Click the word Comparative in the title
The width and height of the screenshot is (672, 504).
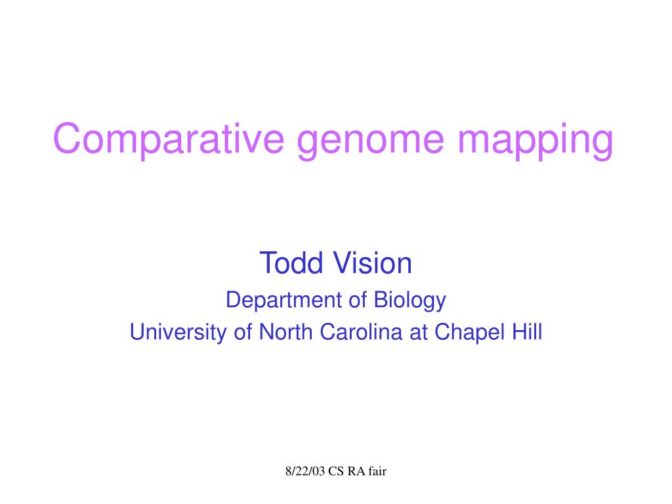pyautogui.click(x=169, y=139)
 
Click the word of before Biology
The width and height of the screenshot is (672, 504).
pyautogui.click(x=358, y=300)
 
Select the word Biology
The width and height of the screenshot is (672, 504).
pyautogui.click(x=409, y=301)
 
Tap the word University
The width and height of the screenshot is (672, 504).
pyautogui.click(x=178, y=333)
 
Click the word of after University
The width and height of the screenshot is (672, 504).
pyautogui.click(x=243, y=332)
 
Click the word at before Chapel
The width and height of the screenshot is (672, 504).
pyautogui.click(x=419, y=333)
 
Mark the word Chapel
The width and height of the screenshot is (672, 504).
pyautogui.click(x=469, y=333)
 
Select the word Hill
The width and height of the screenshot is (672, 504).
pyautogui.click(x=527, y=332)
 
